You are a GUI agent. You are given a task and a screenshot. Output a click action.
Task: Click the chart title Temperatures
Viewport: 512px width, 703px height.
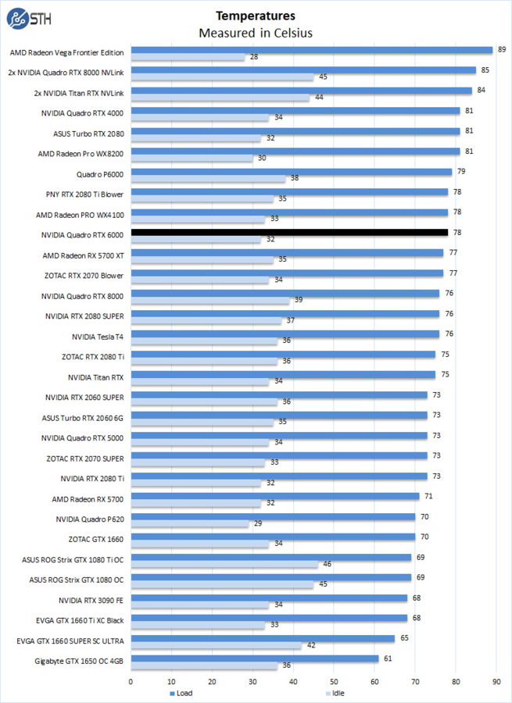(256, 15)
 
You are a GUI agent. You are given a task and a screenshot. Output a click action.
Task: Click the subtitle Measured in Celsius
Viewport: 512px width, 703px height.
(256, 32)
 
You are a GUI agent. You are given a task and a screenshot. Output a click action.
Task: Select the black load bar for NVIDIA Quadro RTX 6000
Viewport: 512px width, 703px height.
(289, 232)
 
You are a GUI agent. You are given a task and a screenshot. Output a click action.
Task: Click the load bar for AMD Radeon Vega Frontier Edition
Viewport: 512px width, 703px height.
(312, 50)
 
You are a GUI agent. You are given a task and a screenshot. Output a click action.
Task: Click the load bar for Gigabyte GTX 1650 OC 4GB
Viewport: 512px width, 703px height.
(255, 658)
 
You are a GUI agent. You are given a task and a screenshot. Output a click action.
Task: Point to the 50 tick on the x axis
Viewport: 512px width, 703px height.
(334, 680)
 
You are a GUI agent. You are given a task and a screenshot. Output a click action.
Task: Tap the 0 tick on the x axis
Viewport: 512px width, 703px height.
(131, 680)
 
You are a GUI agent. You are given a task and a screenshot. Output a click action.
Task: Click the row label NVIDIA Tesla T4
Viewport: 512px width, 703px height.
(98, 337)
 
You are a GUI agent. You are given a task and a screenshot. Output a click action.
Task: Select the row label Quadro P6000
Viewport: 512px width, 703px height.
(100, 173)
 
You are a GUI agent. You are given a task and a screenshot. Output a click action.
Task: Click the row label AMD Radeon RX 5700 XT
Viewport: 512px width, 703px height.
(83, 255)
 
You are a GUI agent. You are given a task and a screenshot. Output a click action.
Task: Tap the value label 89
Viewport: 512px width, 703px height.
(501, 50)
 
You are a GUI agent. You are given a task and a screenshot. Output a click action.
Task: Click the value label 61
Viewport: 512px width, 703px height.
(387, 658)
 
